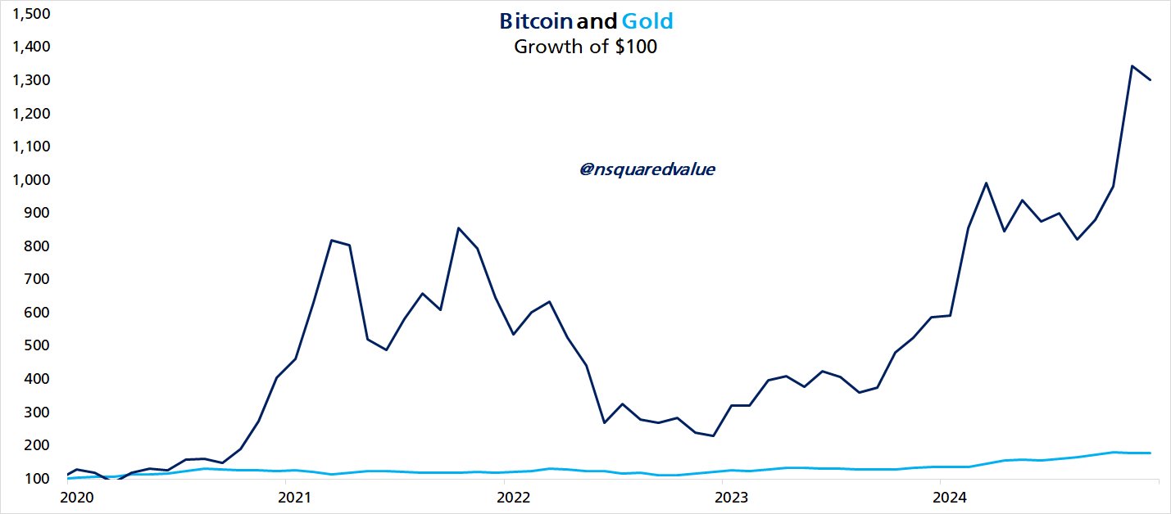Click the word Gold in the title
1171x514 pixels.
(647, 20)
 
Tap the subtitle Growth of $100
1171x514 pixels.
(585, 47)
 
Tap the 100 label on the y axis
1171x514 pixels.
(39, 478)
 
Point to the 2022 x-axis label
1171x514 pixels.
(513, 497)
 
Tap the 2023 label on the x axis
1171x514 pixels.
(732, 497)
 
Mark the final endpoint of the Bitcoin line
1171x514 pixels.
(1150, 79)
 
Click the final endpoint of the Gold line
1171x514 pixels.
(1150, 453)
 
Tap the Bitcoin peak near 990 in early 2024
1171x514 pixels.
(986, 183)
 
